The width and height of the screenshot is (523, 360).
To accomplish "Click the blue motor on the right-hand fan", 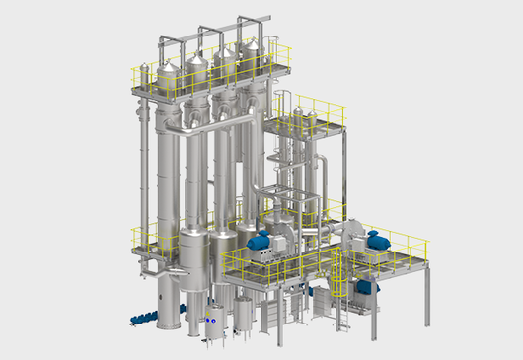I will coord(377,239).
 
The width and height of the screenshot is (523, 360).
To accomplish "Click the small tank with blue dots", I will coord(212,322).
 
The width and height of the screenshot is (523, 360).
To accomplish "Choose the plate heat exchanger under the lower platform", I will coord(271,314).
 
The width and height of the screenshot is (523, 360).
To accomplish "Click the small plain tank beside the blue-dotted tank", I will coord(243,316).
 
